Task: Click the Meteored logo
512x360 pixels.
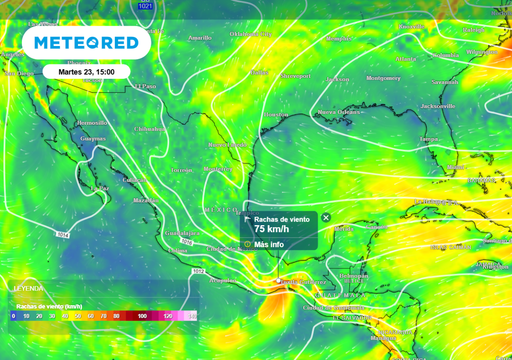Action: click(86, 43)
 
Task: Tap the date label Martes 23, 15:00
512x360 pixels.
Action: click(86, 72)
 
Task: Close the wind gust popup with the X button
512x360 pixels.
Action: click(326, 217)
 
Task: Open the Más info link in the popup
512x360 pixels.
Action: click(269, 244)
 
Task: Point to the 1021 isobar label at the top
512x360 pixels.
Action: click(146, 6)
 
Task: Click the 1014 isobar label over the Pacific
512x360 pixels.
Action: click(62, 235)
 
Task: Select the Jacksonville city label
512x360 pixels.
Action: click(437, 105)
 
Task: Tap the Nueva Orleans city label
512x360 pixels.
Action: click(339, 111)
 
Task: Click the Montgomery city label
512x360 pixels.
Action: click(383, 77)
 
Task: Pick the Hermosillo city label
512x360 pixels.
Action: click(92, 123)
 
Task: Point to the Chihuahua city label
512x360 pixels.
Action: click(150, 129)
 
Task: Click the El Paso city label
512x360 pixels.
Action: click(148, 87)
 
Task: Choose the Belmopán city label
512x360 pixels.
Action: click(353, 274)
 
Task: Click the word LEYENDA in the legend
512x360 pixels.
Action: click(28, 288)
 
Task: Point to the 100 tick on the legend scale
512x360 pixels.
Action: click(142, 316)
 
